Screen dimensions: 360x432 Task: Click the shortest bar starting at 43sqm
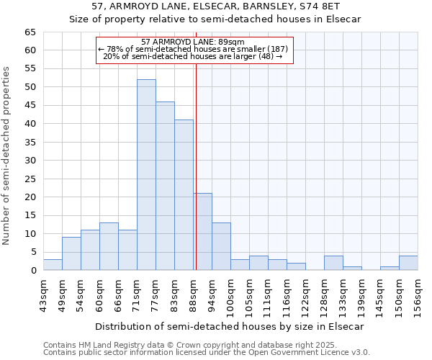click(53, 265)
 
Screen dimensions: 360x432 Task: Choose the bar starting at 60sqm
click(109, 246)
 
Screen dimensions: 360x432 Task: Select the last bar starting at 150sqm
click(408, 263)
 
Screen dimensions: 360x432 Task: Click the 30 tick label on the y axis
click(30, 161)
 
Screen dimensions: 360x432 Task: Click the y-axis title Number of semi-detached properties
click(7, 156)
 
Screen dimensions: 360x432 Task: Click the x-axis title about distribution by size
click(230, 326)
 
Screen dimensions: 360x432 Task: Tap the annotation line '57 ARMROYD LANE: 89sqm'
click(192, 42)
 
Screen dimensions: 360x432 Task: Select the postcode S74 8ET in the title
click(333, 6)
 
